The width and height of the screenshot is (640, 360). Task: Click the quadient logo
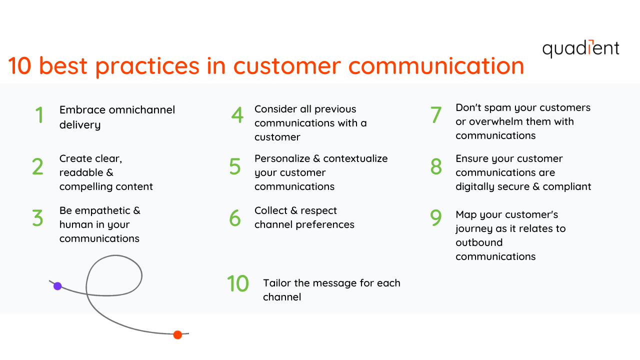(580, 48)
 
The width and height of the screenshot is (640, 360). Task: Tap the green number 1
(39, 115)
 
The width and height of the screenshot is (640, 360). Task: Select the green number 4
(237, 115)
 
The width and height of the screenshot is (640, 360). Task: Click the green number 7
(436, 114)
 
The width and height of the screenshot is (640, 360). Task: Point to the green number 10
(238, 283)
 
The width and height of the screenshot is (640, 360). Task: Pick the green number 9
(436, 217)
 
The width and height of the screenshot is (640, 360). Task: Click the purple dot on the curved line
(57, 286)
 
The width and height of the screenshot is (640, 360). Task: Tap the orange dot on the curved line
(177, 335)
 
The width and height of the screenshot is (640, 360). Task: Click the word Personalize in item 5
(282, 158)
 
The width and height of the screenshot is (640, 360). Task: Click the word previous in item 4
(335, 109)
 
